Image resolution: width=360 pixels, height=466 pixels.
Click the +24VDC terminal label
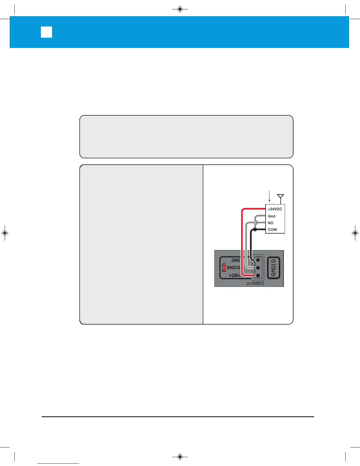click(275, 209)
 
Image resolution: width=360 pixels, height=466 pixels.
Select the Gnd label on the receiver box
click(271, 216)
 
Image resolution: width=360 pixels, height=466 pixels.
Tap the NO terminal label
click(271, 223)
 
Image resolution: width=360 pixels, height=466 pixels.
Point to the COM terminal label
click(272, 230)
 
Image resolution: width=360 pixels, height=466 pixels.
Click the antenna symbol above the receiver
click(281, 197)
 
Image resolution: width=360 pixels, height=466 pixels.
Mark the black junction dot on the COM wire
click(255, 229)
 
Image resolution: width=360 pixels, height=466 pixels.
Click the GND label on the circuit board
click(236, 260)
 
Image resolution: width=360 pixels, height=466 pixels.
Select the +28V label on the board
click(234, 276)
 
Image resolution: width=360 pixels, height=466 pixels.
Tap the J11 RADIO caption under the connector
click(255, 284)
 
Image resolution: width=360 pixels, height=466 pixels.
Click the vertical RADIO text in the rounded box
click(274, 268)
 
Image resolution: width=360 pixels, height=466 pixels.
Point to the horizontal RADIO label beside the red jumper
click(234, 268)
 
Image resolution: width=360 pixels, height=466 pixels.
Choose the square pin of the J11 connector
click(258, 276)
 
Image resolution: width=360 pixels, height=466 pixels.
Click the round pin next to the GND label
click(258, 260)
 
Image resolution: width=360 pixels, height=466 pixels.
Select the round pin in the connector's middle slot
click(258, 268)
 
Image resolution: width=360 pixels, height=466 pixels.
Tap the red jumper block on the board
click(224, 268)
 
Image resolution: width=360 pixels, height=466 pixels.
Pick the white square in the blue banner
click(46, 32)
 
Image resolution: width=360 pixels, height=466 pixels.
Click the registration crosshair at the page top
click(180, 9)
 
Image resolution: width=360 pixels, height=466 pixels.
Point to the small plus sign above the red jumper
click(224, 263)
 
